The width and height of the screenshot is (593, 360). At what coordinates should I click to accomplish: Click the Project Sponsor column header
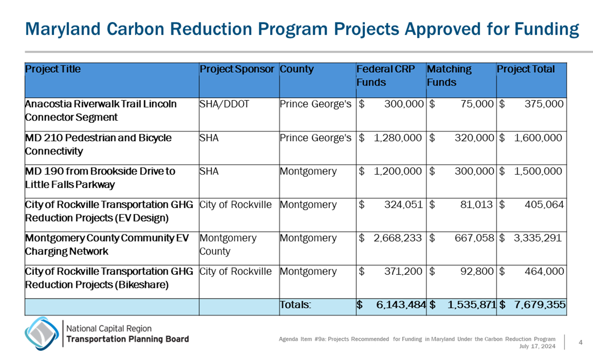(237, 70)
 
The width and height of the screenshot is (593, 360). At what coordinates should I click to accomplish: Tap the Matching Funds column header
(449, 76)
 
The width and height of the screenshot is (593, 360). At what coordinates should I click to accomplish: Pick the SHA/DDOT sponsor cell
(224, 104)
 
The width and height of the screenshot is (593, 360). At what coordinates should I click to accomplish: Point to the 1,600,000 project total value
(538, 138)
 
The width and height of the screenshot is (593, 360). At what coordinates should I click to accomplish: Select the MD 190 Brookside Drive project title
(100, 178)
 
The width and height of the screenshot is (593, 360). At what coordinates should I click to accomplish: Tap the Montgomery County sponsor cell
(227, 245)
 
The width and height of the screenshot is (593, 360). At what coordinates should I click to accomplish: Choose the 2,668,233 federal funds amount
(397, 238)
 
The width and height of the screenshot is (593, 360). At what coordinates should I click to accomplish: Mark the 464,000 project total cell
(543, 272)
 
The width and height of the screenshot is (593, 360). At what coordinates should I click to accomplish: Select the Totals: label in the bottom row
(295, 305)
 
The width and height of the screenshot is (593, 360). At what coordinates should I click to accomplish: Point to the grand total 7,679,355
(540, 305)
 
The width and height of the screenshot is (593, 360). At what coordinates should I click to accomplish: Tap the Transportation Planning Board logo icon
(42, 333)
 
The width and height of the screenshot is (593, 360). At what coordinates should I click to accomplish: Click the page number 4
(581, 342)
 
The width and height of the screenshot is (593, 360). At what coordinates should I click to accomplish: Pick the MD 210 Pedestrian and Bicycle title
(98, 144)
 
